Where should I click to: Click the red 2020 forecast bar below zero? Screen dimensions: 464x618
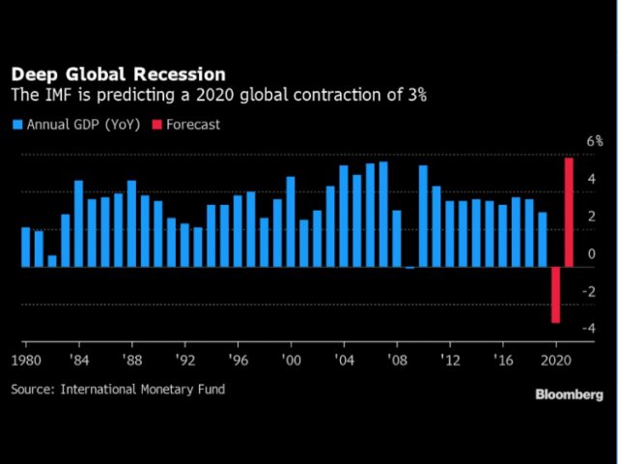[x=556, y=294]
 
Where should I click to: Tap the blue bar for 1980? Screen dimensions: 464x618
[x=26, y=246]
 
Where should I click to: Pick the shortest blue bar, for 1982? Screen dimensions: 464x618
[x=52, y=261]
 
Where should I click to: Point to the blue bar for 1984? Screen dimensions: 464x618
[x=78, y=223]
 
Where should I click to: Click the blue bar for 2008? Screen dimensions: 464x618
[x=397, y=238]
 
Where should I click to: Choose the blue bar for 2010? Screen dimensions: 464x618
[x=423, y=216]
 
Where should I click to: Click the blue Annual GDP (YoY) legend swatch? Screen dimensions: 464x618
[x=16, y=125]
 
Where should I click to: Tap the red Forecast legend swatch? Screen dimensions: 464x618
[x=159, y=125]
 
